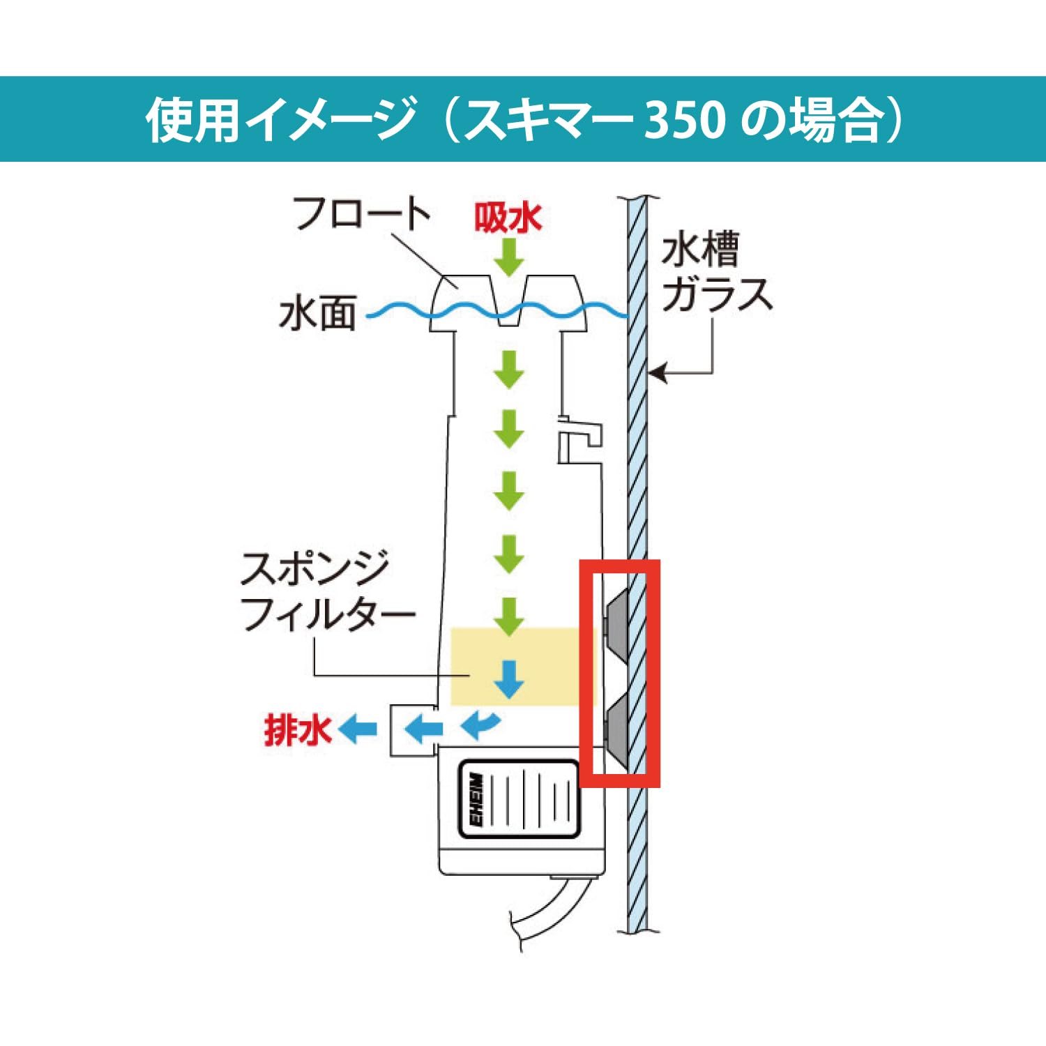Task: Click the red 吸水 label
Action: click(508, 218)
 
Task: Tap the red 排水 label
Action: click(297, 730)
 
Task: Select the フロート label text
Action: click(361, 213)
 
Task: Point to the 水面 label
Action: click(317, 313)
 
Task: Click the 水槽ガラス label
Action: click(717, 272)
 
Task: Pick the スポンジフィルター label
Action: click(328, 591)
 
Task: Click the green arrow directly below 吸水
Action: click(509, 257)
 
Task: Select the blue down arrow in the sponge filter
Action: click(509, 679)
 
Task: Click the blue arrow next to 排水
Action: click(358, 730)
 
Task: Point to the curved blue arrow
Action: click(480, 725)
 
